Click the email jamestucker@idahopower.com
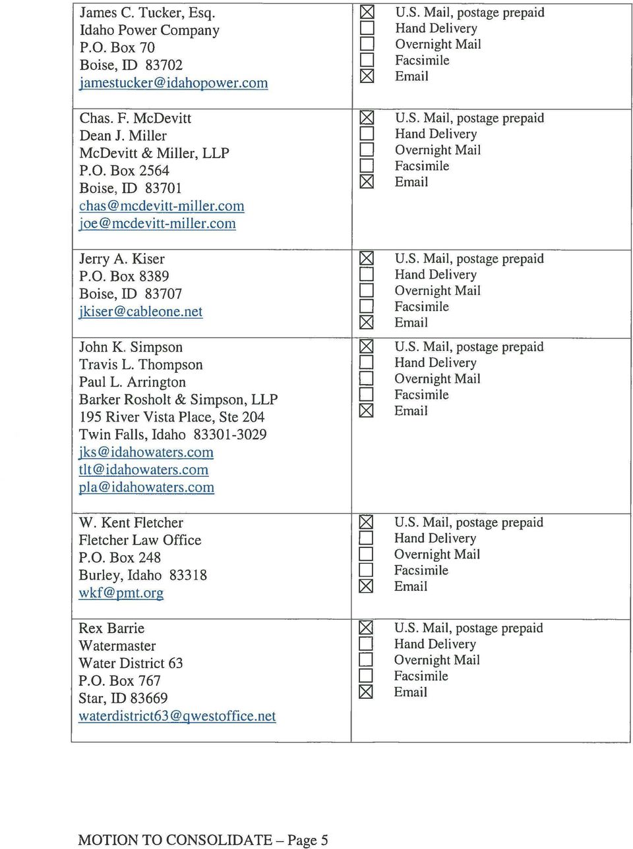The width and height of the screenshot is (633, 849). [173, 83]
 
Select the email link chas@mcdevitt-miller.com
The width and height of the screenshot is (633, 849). [162, 206]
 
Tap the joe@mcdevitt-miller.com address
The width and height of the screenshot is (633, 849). [157, 224]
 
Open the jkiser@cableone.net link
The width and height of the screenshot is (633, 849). [140, 312]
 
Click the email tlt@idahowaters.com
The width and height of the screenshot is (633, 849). [143, 470]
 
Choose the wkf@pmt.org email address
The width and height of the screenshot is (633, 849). [121, 593]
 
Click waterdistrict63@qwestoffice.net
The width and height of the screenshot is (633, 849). [177, 716]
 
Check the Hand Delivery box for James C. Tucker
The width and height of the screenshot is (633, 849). [367, 28]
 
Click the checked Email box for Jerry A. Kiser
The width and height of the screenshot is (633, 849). [367, 323]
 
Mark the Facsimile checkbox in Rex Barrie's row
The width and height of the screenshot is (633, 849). [366, 676]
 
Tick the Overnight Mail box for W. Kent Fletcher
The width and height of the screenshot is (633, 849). [366, 555]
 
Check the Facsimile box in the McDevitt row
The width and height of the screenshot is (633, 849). [367, 166]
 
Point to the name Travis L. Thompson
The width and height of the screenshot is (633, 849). [140, 365]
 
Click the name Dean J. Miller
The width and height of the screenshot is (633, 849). [123, 136]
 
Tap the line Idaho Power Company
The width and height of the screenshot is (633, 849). [149, 30]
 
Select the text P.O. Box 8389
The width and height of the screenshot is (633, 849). [124, 277]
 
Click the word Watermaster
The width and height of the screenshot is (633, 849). [117, 646]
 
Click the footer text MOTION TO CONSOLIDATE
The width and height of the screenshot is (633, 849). [175, 840]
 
